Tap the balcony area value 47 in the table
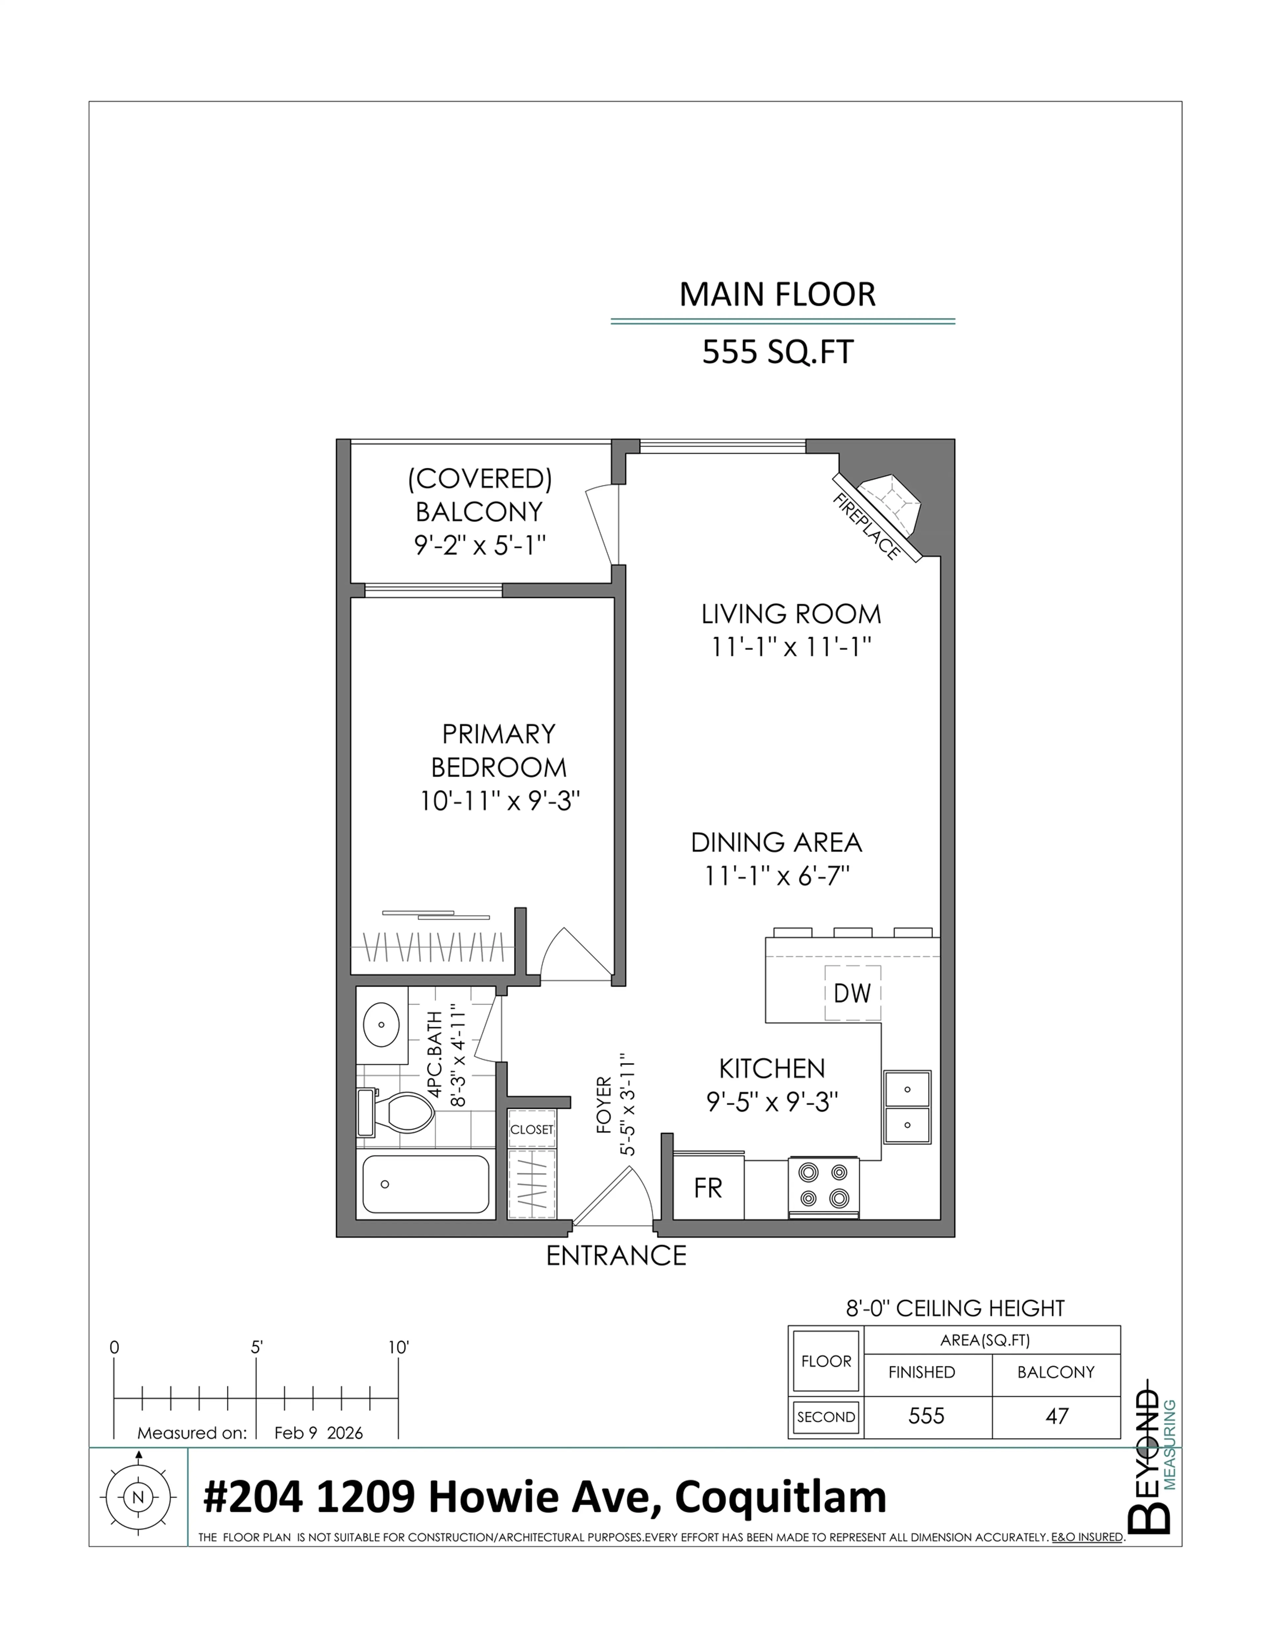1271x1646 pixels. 1056,1416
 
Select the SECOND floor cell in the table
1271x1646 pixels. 826,1417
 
